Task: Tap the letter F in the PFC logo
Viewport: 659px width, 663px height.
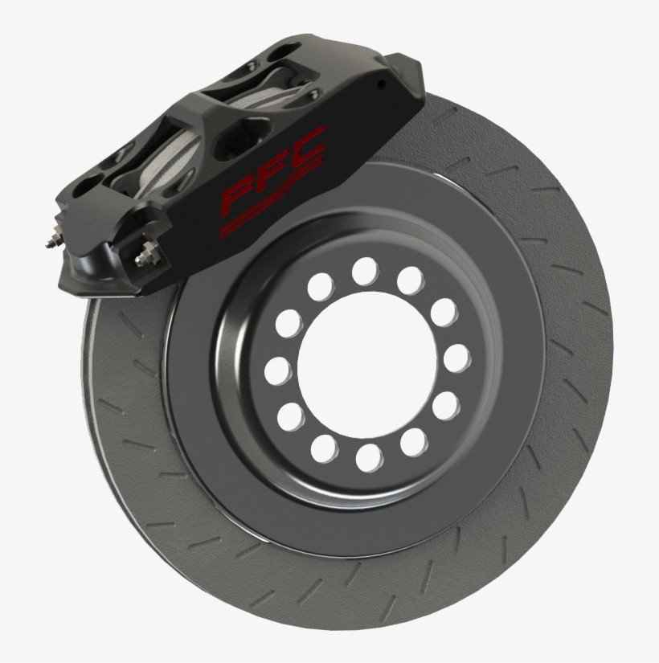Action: pos(273,170)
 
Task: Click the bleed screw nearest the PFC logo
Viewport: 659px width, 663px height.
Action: pos(148,255)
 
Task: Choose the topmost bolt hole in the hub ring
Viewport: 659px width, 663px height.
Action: pos(365,272)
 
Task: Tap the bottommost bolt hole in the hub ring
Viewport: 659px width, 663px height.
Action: pos(369,458)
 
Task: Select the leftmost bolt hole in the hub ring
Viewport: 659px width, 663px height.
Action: pos(277,371)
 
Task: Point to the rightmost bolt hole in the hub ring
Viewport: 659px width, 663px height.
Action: pos(457,358)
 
